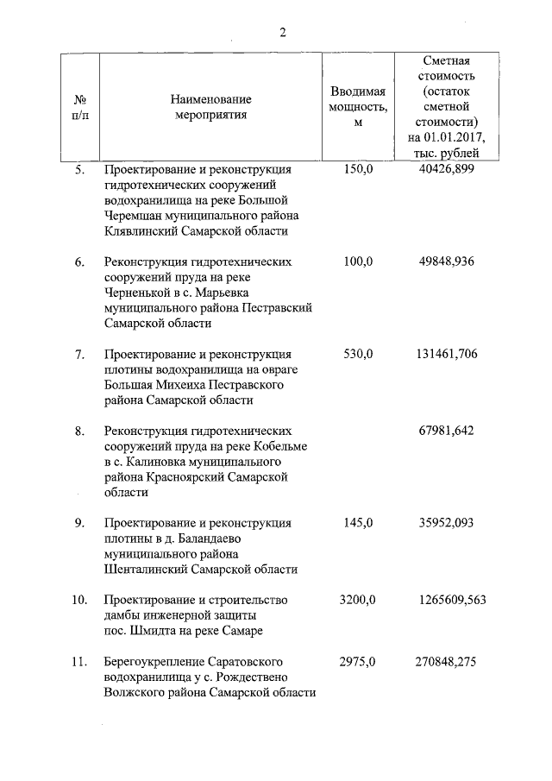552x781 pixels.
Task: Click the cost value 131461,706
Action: click(446, 354)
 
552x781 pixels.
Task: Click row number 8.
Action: click(79, 431)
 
